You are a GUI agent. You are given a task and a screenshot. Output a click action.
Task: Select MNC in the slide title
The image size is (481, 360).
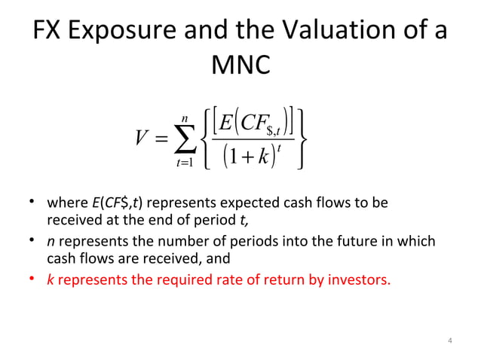pyautogui.click(x=240, y=66)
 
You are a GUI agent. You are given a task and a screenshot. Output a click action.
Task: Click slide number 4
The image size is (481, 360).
pyautogui.click(x=449, y=343)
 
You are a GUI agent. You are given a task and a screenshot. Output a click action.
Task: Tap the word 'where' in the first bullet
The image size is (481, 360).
pyautogui.click(x=66, y=204)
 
